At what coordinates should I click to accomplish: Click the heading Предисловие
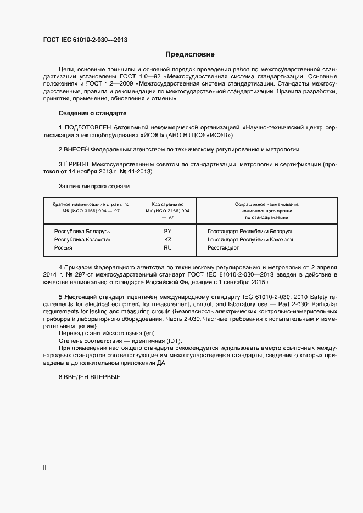tap(190, 54)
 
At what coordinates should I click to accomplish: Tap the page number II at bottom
tap(45, 467)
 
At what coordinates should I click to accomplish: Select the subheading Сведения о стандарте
tap(92, 113)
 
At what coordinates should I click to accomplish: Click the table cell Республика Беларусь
tap(82, 232)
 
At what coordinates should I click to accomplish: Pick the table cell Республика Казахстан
tap(83, 240)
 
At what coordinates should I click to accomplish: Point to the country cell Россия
tap(63, 248)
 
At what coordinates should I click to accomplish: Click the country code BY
tap(168, 232)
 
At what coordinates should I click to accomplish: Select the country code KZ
tap(168, 240)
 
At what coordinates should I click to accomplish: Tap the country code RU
tap(168, 248)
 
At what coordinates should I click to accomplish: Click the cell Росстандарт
tap(223, 248)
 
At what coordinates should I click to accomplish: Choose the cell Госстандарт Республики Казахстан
tap(251, 240)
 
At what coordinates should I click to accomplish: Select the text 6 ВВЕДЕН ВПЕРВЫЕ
tap(89, 378)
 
